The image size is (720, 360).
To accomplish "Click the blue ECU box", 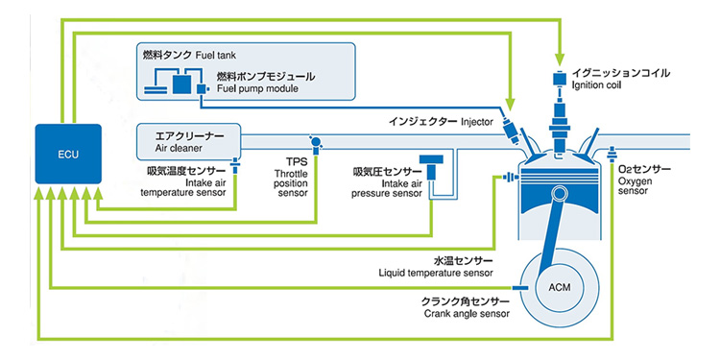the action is (68, 154).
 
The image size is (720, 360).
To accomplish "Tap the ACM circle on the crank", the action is (560, 288).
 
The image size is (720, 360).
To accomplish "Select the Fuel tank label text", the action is (215, 56).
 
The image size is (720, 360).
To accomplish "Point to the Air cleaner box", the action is (189, 141).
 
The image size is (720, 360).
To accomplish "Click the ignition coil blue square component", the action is (559, 79).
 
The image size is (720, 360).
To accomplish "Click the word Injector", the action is (476, 122).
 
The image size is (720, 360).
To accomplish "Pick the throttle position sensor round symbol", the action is (315, 141).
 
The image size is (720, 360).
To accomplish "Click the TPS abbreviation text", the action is (291, 162).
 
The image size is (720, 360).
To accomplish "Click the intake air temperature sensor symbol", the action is (234, 165).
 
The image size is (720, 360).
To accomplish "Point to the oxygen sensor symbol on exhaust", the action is (612, 154).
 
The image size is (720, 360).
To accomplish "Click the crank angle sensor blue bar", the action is (519, 287).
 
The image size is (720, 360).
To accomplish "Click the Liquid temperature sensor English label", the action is (436, 273).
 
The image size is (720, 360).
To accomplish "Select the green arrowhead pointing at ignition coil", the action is (559, 59).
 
